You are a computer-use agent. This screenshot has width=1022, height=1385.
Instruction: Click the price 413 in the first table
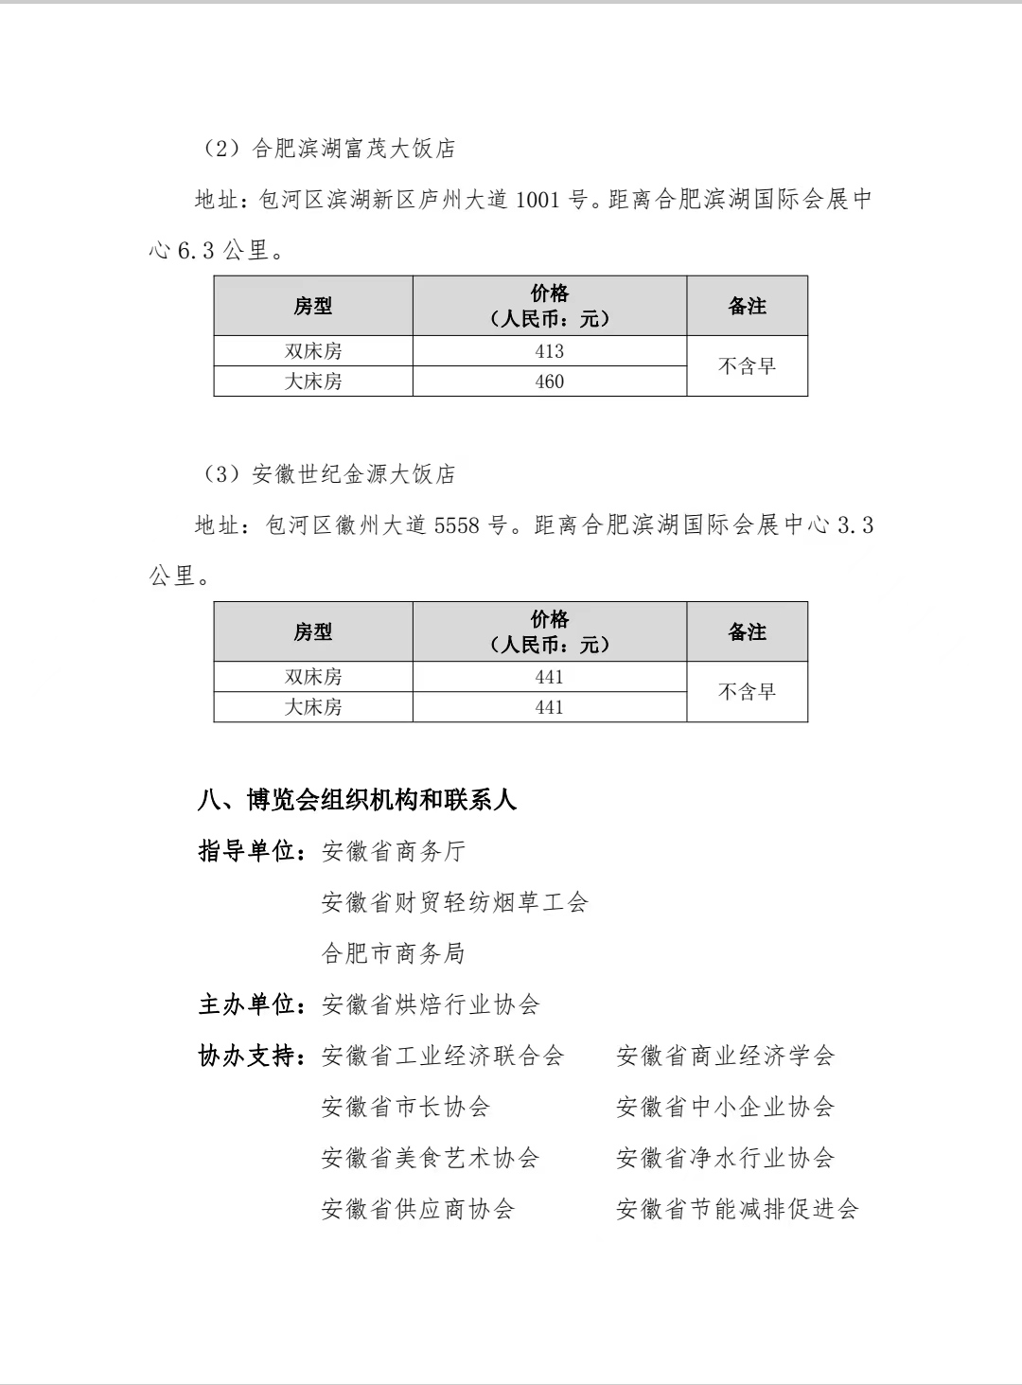point(549,351)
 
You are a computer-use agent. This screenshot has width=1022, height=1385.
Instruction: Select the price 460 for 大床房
point(549,382)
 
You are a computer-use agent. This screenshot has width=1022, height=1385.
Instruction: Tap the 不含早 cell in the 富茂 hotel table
point(747,366)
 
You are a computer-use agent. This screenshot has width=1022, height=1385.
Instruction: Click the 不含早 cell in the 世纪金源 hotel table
point(747,692)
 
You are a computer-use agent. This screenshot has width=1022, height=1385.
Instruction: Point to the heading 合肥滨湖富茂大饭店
point(354,149)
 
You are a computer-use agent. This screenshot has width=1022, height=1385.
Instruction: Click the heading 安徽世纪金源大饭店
point(354,474)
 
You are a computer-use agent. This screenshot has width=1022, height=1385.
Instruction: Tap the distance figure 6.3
point(196,251)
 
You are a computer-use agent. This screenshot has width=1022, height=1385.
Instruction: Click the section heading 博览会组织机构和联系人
point(381,800)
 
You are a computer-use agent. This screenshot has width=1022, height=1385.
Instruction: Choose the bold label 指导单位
point(248,851)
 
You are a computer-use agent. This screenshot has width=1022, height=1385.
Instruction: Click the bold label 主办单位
point(248,1004)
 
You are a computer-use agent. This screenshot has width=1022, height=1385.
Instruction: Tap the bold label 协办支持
point(248,1056)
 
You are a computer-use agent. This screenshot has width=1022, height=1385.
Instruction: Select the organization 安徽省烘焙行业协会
point(431,1004)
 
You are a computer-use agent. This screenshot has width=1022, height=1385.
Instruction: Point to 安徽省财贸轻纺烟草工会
point(454,902)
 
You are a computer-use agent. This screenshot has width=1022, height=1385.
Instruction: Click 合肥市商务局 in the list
point(394,953)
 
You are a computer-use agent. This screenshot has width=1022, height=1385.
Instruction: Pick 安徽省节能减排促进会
point(737,1209)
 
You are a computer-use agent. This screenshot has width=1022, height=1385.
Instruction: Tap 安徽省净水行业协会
point(725,1158)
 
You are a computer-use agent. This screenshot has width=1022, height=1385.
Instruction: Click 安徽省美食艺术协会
point(431,1158)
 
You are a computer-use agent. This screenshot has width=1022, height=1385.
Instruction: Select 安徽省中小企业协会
point(725,1107)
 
